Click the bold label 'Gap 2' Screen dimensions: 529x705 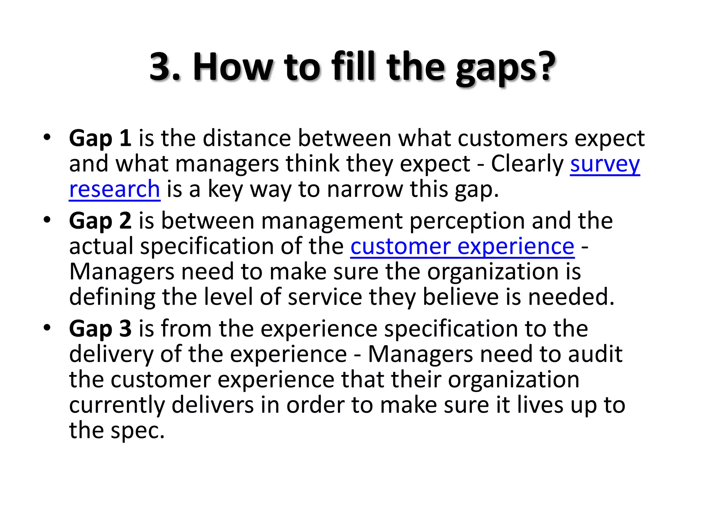pyautogui.click(x=100, y=221)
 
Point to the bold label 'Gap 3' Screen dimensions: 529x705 pyautogui.click(x=100, y=329)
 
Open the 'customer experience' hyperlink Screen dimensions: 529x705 pyautogui.click(x=462, y=247)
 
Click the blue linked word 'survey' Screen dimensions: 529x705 pyautogui.click(x=605, y=164)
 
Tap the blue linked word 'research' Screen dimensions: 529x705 pyautogui.click(x=115, y=189)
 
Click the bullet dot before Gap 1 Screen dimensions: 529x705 pyautogui.click(x=47, y=138)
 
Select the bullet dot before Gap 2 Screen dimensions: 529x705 pyautogui.click(x=47, y=220)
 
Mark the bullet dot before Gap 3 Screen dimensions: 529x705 pyautogui.click(x=47, y=328)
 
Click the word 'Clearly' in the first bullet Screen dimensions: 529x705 pyautogui.click(x=527, y=164)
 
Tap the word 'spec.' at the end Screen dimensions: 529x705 pyautogui.click(x=138, y=431)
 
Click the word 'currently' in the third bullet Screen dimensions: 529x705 pyautogui.click(x=117, y=405)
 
